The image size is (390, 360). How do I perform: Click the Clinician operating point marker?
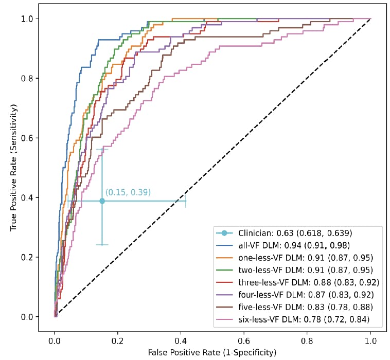102,201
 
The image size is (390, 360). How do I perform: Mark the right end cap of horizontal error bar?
186,201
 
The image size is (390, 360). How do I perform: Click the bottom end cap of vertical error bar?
102,245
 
